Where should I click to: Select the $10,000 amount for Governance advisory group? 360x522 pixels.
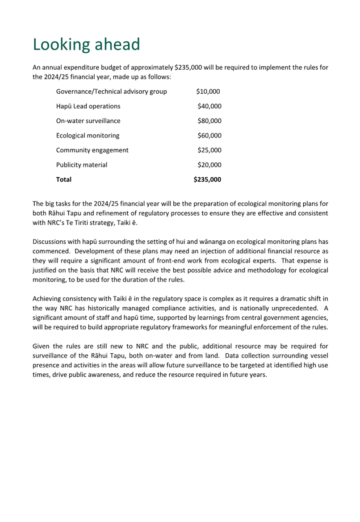point(208,92)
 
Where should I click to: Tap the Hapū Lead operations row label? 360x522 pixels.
point(88,106)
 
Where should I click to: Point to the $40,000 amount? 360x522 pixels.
point(209,106)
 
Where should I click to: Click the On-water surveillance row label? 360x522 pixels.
point(88,121)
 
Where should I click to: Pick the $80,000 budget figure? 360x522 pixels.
point(209,121)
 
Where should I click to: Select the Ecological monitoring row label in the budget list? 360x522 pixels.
point(88,136)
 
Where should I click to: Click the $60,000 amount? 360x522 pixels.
point(209,136)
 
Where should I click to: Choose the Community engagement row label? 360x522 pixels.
point(92,150)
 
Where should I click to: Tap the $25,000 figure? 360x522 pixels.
point(209,150)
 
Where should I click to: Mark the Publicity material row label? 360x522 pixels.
point(81,165)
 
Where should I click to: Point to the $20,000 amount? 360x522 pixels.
point(209,165)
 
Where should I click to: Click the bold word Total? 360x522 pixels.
point(63,180)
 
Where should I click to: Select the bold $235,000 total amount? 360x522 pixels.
point(207,180)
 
